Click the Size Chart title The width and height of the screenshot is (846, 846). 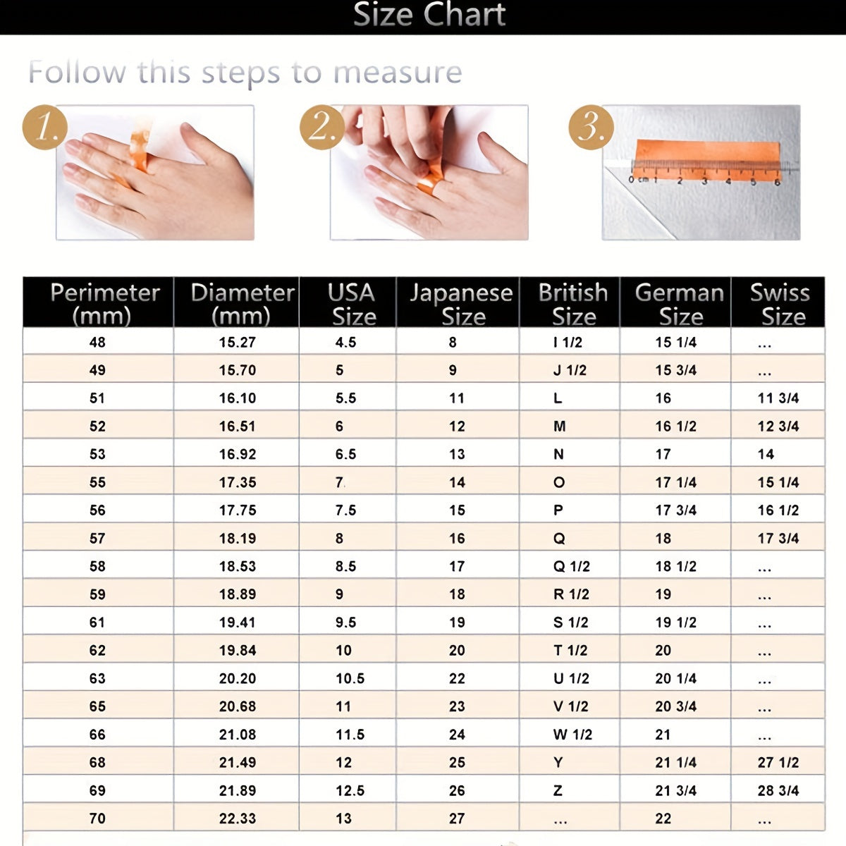429,15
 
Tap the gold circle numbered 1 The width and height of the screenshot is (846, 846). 45,128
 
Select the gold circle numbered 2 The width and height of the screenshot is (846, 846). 322,128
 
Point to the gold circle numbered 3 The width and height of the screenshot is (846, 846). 591,128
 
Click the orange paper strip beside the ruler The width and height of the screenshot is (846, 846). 707,160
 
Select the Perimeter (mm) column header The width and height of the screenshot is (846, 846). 104,304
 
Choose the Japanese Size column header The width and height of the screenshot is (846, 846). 461,304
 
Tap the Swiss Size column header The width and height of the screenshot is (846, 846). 780,304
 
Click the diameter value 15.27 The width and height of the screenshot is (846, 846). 238,342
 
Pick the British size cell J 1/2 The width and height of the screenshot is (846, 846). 570,370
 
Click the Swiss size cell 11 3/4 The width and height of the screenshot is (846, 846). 778,398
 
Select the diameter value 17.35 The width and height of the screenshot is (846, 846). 238,482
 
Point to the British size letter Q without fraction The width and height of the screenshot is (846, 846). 559,538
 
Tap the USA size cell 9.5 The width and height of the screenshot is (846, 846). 346,622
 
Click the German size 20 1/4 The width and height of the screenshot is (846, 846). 676,678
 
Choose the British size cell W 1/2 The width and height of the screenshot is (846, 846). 572,735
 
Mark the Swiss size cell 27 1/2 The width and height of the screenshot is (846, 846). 778,763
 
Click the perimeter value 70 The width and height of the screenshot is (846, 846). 97,819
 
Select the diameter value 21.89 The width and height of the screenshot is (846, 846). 238,790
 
